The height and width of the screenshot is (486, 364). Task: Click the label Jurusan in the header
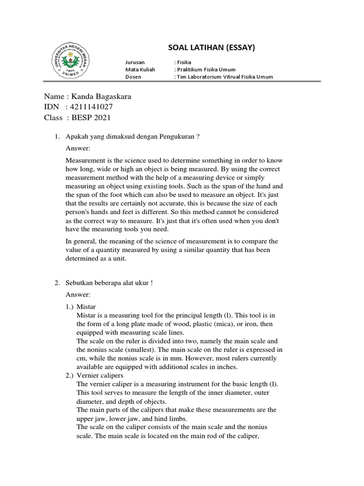[x=135, y=62]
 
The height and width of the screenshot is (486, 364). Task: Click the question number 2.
[x=56, y=283]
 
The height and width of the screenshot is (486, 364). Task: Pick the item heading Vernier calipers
[x=101, y=375]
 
